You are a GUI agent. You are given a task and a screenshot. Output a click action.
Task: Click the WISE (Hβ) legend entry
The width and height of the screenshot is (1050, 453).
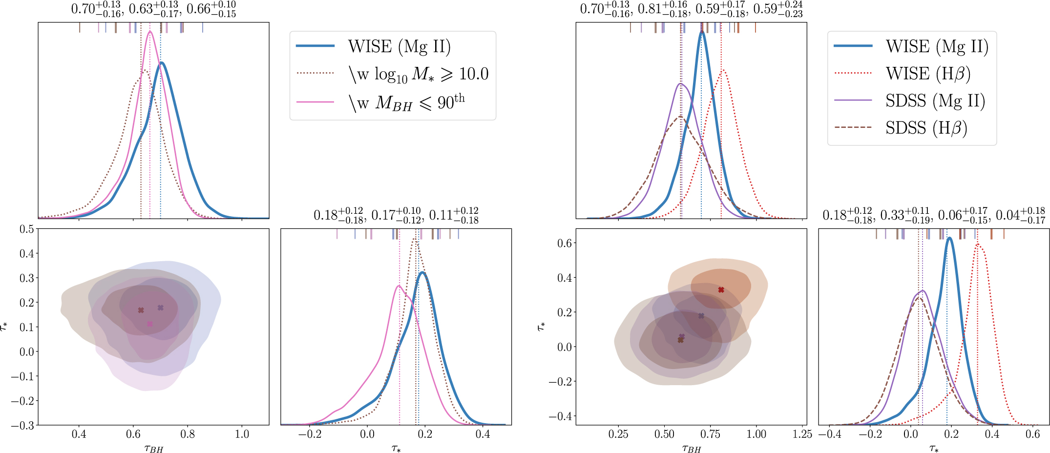pos(928,74)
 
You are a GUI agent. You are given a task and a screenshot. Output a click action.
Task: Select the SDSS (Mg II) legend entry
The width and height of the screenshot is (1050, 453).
pos(935,101)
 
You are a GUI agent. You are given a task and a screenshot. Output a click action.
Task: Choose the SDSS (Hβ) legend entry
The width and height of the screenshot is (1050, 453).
pos(926,128)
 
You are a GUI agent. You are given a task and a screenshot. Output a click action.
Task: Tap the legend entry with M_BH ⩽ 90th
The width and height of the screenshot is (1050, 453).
pos(406,103)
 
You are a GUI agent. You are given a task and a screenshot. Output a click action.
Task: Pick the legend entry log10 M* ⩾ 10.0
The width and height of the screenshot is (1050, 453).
pos(418,74)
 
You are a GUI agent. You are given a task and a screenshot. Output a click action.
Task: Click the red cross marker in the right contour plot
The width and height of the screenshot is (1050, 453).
pos(721,290)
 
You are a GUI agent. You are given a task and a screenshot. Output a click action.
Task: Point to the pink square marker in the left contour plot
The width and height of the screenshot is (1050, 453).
pos(150,324)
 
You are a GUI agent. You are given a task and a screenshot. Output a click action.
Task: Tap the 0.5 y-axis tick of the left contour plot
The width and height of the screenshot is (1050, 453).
pos(27,229)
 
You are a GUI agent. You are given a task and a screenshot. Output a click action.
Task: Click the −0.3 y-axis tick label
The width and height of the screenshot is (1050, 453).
pos(23,425)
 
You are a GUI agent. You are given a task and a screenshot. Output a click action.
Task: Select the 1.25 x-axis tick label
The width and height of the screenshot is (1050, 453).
pos(802,434)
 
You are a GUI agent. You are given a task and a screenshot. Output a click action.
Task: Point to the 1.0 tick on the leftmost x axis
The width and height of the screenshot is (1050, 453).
pos(242,434)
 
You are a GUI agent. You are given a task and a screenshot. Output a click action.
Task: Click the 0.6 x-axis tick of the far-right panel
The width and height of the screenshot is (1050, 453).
pos(1032,434)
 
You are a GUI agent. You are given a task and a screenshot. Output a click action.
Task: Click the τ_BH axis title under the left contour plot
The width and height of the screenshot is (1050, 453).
pos(153,448)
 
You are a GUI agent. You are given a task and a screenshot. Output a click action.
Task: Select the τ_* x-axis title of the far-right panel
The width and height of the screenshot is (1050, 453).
pos(933,448)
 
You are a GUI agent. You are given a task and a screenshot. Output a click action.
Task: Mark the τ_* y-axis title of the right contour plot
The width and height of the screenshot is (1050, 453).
pos(541,326)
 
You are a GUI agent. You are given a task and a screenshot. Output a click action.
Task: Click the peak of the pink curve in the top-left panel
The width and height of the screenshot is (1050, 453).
pos(150,32)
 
